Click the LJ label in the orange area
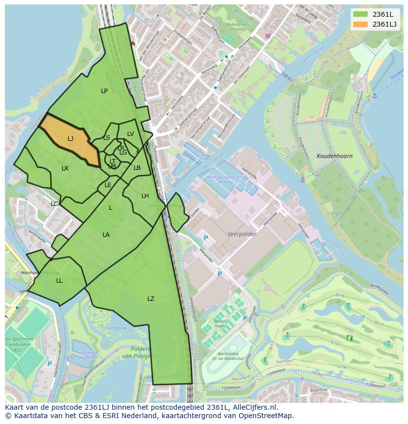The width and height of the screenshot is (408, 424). pyautogui.click(x=70, y=139)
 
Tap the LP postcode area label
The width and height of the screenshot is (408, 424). pyautogui.click(x=104, y=91)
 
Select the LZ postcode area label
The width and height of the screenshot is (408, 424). pyautogui.click(x=151, y=299)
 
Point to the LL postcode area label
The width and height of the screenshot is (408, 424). pyautogui.click(x=59, y=281)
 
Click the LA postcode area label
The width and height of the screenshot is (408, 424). pyautogui.click(x=106, y=235)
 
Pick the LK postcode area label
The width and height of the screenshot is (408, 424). pyautogui.click(x=65, y=168)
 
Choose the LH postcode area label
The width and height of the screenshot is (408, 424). pyautogui.click(x=145, y=196)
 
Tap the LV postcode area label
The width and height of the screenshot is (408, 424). pyautogui.click(x=131, y=134)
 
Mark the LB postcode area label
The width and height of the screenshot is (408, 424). pyautogui.click(x=137, y=168)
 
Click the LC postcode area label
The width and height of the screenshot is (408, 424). pyautogui.click(x=54, y=204)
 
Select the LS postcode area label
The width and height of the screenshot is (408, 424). pyautogui.click(x=106, y=138)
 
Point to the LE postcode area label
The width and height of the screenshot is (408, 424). pyautogui.click(x=108, y=185)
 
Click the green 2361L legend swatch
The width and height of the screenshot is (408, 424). pyautogui.click(x=361, y=14)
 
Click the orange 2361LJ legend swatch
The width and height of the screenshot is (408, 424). pyautogui.click(x=361, y=24)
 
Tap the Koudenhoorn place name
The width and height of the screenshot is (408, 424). pyautogui.click(x=335, y=156)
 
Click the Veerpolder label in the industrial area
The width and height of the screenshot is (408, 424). pyautogui.click(x=242, y=234)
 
